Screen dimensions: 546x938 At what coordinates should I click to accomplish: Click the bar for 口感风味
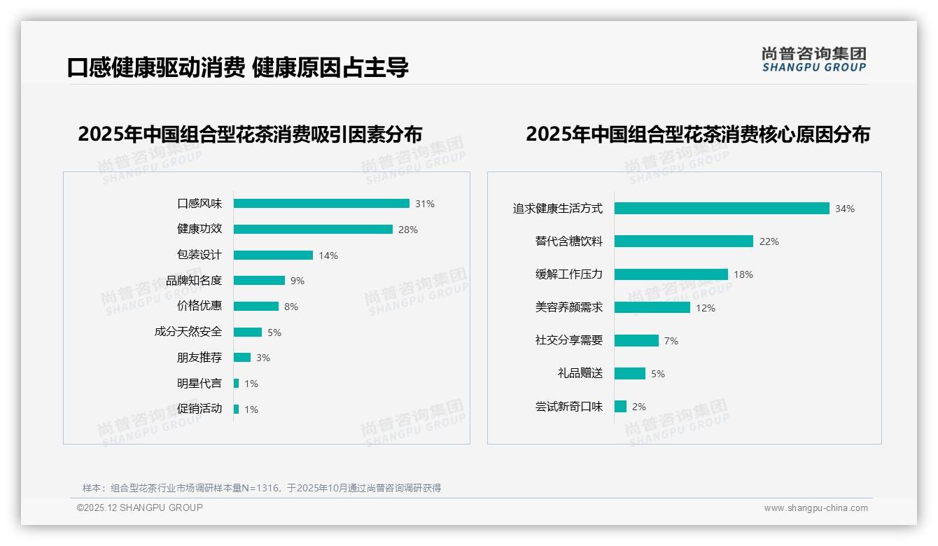click(x=321, y=204)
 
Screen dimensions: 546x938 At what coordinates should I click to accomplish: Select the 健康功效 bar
click(x=313, y=230)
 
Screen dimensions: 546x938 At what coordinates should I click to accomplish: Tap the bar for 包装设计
click(x=273, y=255)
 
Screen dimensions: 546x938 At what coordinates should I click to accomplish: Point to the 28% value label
click(x=408, y=230)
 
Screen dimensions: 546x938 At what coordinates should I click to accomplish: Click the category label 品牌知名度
click(x=194, y=281)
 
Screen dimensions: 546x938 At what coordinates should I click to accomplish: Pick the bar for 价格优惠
click(x=256, y=307)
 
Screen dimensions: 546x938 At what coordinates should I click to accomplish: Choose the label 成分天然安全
click(x=188, y=332)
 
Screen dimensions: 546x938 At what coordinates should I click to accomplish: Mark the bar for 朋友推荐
click(x=242, y=358)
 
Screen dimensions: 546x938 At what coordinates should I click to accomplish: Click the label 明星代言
click(x=199, y=384)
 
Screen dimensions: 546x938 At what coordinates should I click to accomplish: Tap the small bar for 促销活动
click(x=237, y=409)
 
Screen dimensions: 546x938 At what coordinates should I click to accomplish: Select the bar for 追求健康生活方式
click(x=722, y=209)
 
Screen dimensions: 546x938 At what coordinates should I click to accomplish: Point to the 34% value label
click(x=845, y=209)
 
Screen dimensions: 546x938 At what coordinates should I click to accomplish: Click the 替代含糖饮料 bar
click(x=684, y=241)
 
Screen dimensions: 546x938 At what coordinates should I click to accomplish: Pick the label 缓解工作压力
click(x=569, y=274)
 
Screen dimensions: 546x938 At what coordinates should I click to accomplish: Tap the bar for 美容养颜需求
click(x=652, y=307)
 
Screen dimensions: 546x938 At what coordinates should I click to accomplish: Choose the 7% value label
click(x=671, y=341)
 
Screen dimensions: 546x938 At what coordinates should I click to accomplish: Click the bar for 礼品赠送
click(x=630, y=374)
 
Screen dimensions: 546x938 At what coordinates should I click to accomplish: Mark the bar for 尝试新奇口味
click(x=621, y=407)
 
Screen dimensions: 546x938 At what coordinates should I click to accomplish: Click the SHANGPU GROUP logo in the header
click(x=814, y=59)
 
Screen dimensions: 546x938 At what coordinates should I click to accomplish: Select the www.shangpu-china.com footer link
click(x=815, y=508)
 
